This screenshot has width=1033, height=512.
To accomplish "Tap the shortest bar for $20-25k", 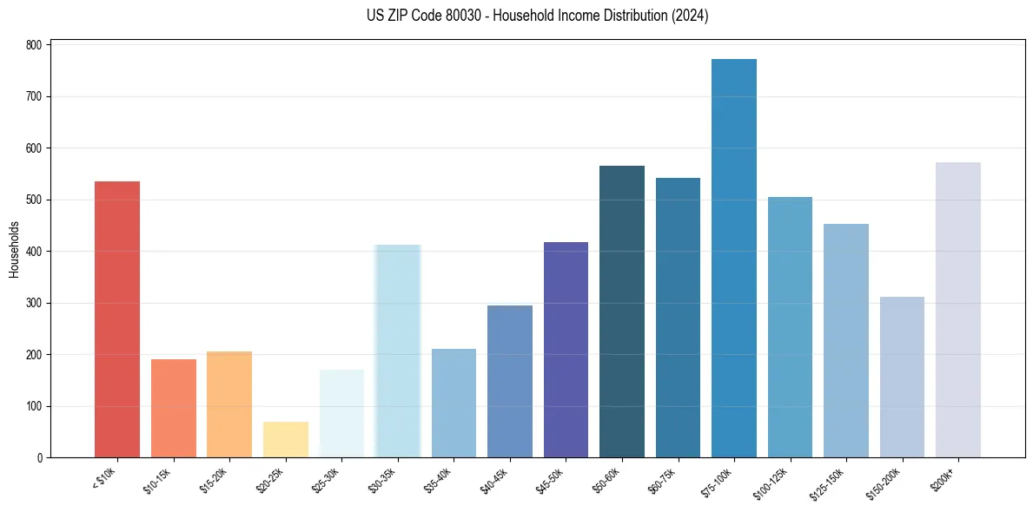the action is [286, 440].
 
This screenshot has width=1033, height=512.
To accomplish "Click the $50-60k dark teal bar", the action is [622, 312].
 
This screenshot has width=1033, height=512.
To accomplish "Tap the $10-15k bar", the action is [174, 409].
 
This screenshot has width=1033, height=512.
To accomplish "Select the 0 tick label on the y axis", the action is [41, 458].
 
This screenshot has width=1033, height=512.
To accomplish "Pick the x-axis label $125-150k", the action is [828, 482].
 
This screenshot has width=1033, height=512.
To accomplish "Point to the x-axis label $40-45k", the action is [494, 479].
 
